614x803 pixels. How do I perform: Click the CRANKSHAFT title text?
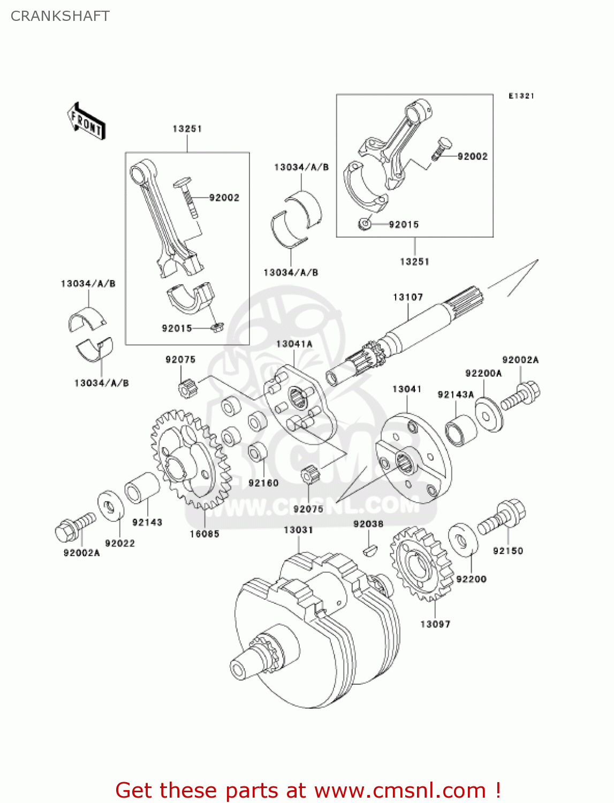[x=60, y=16]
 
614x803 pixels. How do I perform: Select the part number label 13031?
[x=298, y=530]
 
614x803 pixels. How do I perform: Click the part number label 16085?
[x=204, y=534]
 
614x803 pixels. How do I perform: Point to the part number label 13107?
[x=407, y=297]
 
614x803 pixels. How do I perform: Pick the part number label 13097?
[x=435, y=624]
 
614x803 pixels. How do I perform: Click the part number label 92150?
[x=507, y=551]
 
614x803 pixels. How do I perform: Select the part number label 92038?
[x=368, y=524]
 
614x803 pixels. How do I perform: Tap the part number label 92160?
[x=263, y=483]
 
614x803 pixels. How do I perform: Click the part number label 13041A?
[x=294, y=344]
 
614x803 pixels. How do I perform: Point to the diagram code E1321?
[x=521, y=96]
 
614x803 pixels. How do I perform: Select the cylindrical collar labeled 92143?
[x=142, y=488]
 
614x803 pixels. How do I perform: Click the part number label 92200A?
[x=483, y=374]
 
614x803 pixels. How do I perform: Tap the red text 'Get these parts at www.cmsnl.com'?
[x=308, y=790]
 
